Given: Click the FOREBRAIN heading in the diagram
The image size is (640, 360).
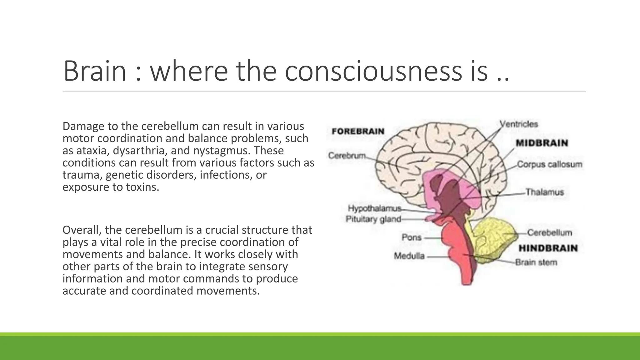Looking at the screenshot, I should point(358,131).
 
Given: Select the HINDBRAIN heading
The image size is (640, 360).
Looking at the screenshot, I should point(548,248).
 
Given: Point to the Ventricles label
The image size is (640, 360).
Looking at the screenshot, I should point(519,124).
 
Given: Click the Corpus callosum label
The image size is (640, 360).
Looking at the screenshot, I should point(549,164).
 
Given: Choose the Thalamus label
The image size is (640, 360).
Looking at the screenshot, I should point(544,192).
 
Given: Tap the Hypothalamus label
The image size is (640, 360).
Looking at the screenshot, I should point(374,208).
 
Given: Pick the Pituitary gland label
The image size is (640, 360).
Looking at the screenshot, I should point(373,219).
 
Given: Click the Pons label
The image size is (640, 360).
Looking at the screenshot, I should point(412,237).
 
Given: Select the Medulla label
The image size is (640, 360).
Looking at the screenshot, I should point(409,256).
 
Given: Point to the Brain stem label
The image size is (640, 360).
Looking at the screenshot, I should point(536,262).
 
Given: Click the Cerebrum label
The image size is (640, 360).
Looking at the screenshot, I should point(347,155).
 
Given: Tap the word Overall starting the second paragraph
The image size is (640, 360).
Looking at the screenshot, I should point(82,230).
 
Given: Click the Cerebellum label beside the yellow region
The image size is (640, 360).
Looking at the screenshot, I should point(549,233).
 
